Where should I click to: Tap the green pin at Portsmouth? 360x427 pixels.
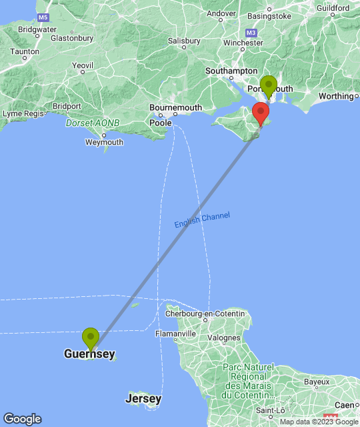(269, 85)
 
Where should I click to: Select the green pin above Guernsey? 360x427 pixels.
(90, 338)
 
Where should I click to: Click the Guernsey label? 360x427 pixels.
(89, 354)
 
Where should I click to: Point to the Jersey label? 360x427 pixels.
(143, 399)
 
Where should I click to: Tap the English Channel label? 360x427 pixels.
(202, 220)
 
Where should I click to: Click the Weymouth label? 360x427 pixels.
(104, 142)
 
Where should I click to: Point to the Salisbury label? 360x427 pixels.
(184, 41)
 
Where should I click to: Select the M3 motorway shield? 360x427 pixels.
(251, 32)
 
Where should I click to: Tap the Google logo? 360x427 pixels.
(22, 419)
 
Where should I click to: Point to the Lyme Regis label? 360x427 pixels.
(22, 113)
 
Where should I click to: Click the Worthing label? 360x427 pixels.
(336, 96)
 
